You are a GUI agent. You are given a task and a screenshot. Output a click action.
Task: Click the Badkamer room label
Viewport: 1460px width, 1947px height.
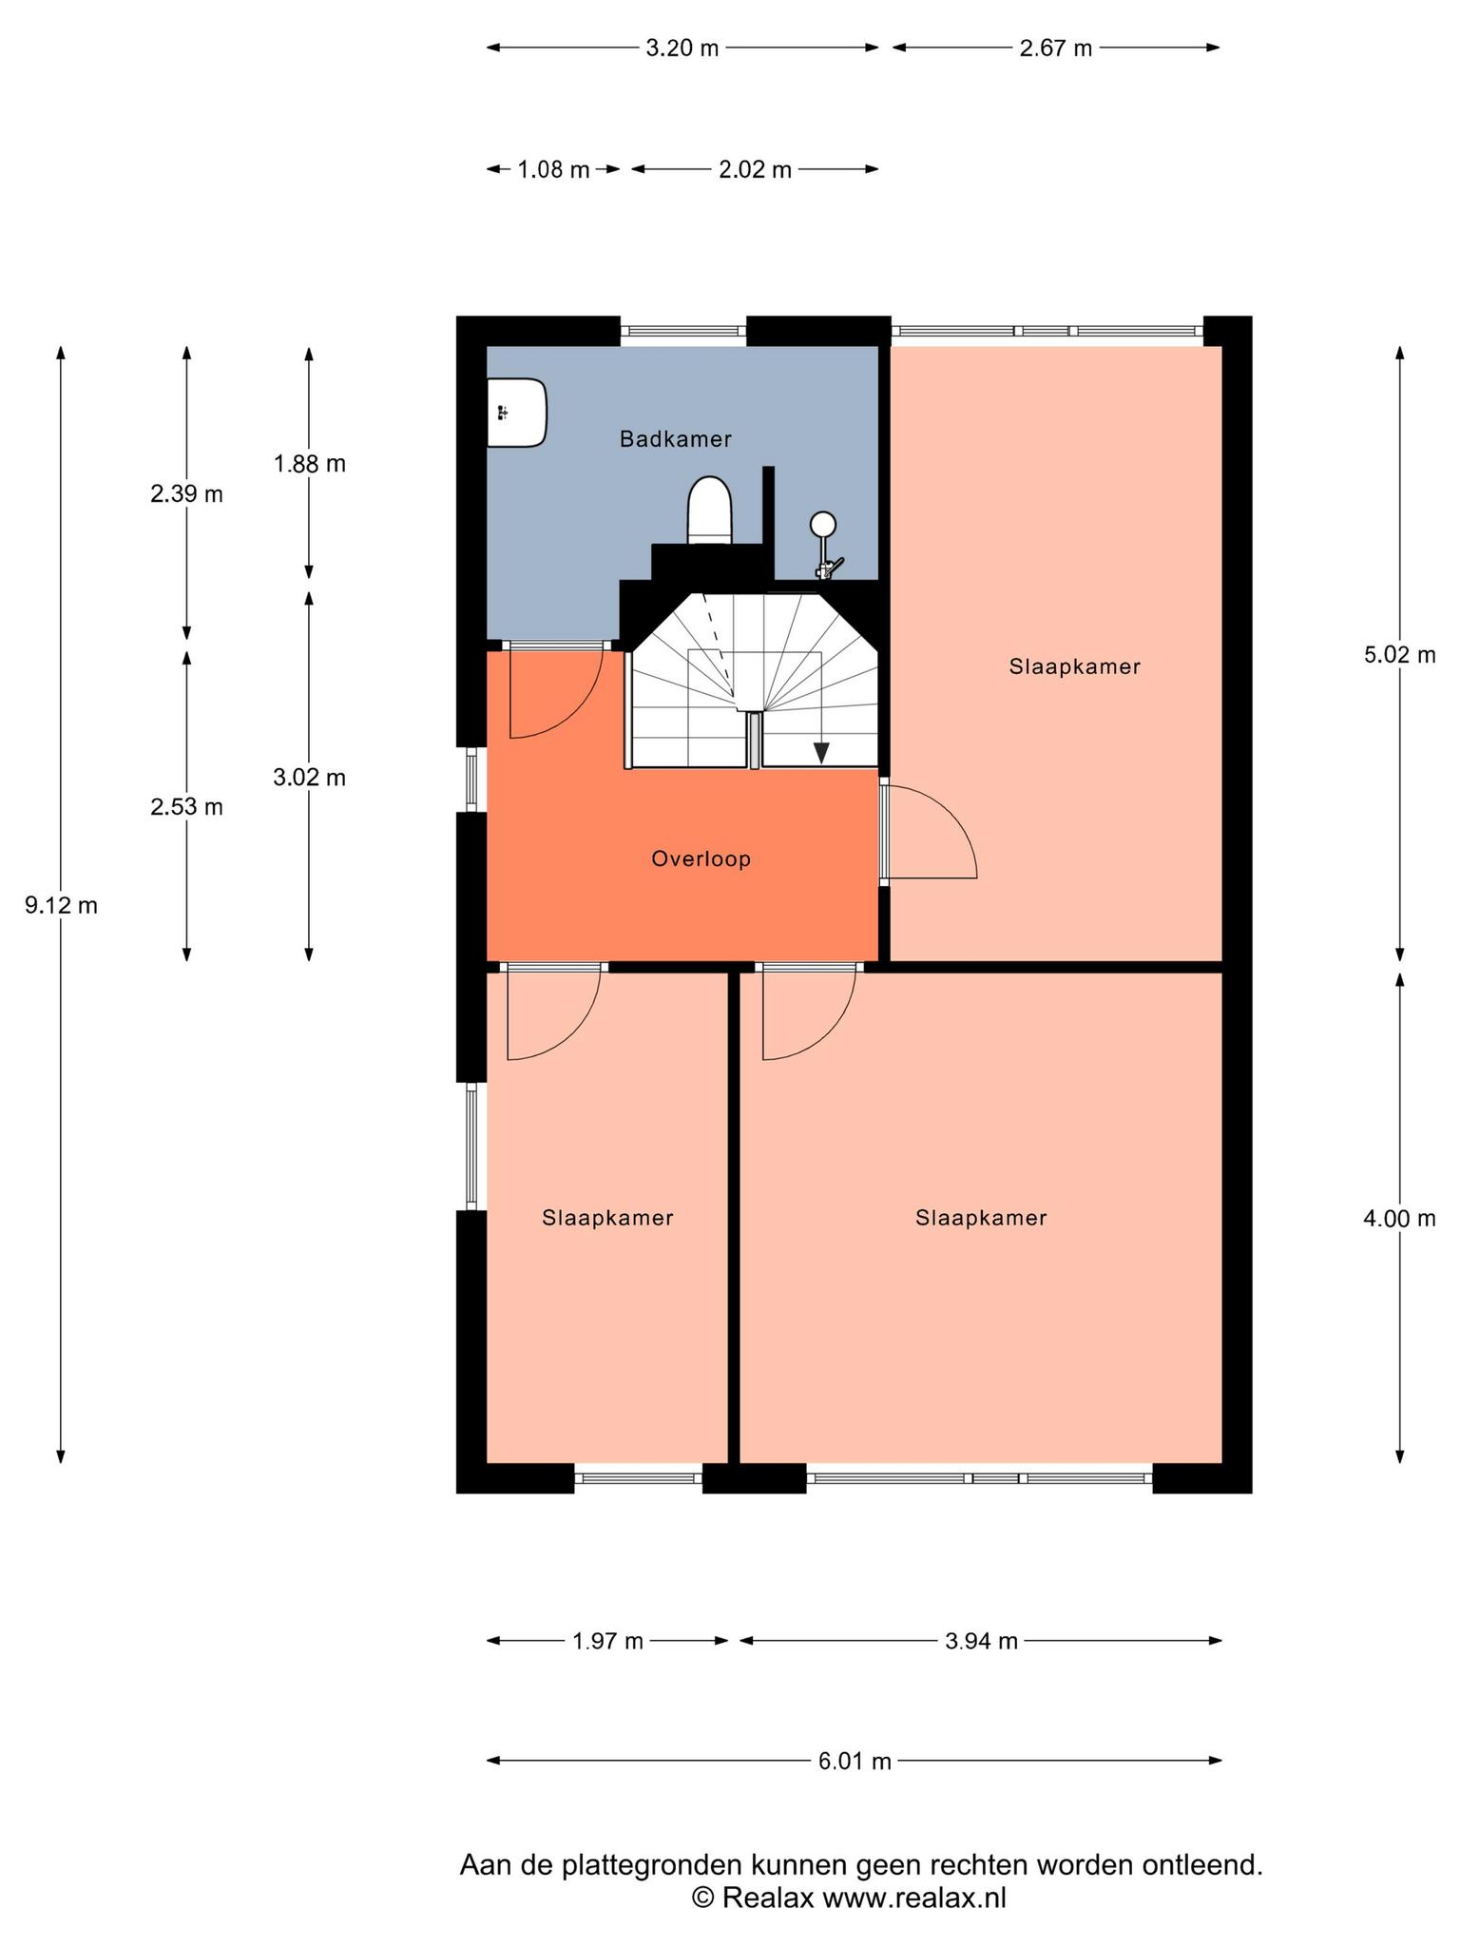point(676,439)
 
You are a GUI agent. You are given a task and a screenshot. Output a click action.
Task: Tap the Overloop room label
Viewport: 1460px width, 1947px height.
point(701,859)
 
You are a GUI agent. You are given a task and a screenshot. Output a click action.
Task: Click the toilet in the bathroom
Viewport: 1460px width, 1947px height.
point(710,511)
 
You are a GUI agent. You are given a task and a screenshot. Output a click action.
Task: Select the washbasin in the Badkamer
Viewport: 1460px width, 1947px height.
point(517,413)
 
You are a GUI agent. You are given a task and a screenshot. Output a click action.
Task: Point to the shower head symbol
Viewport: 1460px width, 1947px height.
point(823,524)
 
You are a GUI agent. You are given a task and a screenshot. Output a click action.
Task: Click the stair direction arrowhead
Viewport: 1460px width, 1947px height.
point(821,752)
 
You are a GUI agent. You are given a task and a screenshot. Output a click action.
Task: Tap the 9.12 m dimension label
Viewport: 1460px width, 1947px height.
point(61,906)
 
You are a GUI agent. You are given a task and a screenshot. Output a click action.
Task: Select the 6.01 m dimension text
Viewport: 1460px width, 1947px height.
point(855,1762)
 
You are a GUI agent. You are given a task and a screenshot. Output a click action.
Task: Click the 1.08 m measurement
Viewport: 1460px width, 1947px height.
point(553,170)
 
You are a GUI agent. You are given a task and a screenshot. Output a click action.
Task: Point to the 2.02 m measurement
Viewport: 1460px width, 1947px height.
point(755,170)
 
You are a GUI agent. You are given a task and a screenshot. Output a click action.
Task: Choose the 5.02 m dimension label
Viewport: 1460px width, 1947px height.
point(1399,655)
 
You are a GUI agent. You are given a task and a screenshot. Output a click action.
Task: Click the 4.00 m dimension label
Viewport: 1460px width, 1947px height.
point(1399,1219)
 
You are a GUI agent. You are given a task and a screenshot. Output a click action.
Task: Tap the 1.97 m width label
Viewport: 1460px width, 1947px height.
point(608,1641)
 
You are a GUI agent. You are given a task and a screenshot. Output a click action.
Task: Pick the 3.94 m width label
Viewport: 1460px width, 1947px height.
point(981,1641)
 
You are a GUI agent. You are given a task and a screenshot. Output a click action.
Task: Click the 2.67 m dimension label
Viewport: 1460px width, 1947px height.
point(1056,48)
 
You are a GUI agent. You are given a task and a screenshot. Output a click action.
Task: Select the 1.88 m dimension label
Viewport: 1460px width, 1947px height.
point(309,464)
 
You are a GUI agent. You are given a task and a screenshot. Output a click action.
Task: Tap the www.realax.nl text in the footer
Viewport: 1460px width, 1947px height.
point(913,1899)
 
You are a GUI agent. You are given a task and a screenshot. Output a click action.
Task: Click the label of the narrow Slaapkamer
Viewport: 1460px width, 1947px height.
point(608,1218)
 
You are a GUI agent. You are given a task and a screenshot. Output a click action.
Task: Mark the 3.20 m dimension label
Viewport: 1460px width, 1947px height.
point(682,48)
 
